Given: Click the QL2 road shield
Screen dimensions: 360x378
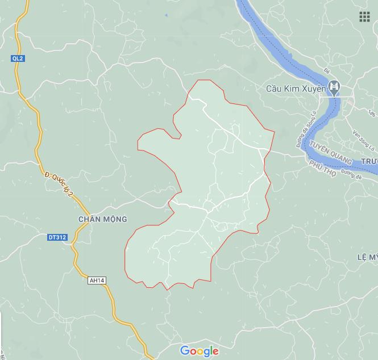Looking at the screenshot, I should coord(18,58).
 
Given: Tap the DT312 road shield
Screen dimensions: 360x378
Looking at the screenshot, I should coord(57,238).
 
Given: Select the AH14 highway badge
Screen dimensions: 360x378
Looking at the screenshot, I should coord(97,281).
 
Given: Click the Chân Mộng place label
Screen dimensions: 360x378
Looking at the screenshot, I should coord(102,219).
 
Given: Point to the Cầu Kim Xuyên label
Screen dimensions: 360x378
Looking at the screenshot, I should coord(296,89).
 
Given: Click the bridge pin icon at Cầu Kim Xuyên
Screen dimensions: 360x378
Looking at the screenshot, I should coord(336,88).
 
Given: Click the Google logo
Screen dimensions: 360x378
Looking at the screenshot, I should coord(199,351).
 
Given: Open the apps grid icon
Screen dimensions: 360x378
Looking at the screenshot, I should coord(364,16).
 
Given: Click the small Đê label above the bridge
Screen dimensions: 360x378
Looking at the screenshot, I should coord(326,71).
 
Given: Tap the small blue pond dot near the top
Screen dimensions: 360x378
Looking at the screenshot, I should coord(166,15).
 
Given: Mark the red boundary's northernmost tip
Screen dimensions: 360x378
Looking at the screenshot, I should coord(199,80).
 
